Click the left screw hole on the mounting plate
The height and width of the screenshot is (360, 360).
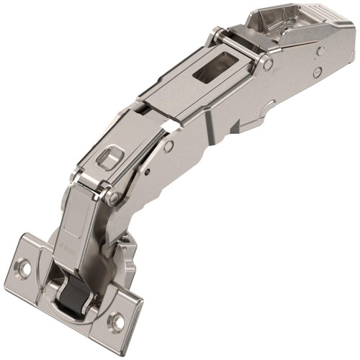click(24, 267)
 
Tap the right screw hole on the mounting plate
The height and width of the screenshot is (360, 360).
click(115, 320)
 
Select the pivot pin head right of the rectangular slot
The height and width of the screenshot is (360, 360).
click(268, 64)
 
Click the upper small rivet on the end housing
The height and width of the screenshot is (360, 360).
click(323, 51)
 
